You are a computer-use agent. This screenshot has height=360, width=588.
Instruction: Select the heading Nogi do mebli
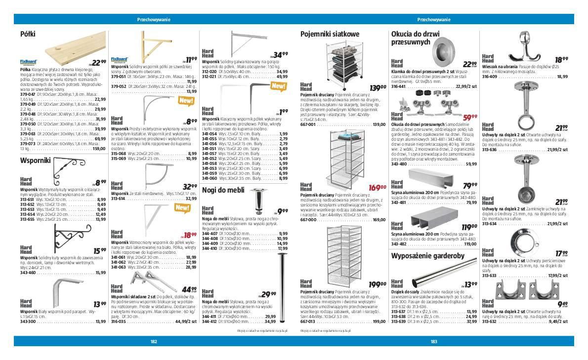click(223, 190)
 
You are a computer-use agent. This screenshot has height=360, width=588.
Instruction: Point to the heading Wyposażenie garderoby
click(427, 256)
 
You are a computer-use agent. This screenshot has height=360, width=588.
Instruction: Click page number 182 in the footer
click(154, 341)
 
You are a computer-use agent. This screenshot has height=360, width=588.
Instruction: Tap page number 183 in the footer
click(434, 341)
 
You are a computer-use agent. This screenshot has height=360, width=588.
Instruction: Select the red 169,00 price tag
click(378, 188)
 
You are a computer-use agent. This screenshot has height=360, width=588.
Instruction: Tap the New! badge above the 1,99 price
click(279, 86)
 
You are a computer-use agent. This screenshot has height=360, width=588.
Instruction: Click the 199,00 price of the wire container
click(378, 284)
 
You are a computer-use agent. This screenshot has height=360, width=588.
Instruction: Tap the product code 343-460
click(28, 273)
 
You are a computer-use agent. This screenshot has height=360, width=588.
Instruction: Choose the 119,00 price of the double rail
click(468, 227)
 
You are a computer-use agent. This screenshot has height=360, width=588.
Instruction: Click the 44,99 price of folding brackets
click(189, 290)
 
